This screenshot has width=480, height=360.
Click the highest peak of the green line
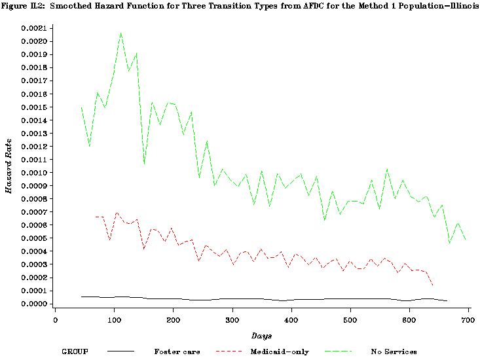coord(121,33)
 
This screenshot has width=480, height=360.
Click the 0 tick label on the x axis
coord(56,319)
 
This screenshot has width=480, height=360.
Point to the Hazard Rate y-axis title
coord(9,166)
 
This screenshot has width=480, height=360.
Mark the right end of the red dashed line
coord(433,285)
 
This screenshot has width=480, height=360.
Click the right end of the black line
coord(447,300)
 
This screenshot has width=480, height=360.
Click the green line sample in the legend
coord(343,351)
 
